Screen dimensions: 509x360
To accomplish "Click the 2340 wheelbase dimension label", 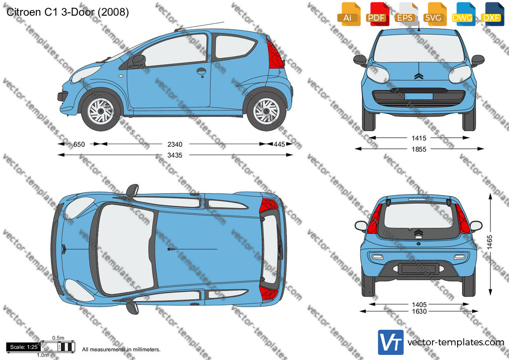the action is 175,144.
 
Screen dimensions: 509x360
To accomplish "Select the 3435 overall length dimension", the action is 175,155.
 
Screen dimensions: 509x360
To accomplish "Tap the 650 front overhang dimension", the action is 79,144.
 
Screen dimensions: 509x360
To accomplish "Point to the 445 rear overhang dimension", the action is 279,144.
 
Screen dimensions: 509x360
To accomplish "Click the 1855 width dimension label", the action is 419,149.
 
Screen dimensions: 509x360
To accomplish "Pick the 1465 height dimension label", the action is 490,242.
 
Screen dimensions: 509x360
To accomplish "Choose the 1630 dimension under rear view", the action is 419,312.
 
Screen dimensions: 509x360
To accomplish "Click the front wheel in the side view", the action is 101,111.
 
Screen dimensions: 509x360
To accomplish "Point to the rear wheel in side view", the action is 267,111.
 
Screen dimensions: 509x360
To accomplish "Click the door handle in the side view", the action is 201,71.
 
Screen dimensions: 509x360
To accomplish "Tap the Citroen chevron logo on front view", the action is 419,76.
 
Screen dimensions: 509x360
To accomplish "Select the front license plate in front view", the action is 419,96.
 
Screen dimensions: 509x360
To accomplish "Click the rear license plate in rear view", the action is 418,269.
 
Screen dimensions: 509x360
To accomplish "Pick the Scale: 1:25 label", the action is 24,347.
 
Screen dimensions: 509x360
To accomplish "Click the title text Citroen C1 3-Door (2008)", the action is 68,12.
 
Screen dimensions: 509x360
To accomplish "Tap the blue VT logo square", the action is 391,342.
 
